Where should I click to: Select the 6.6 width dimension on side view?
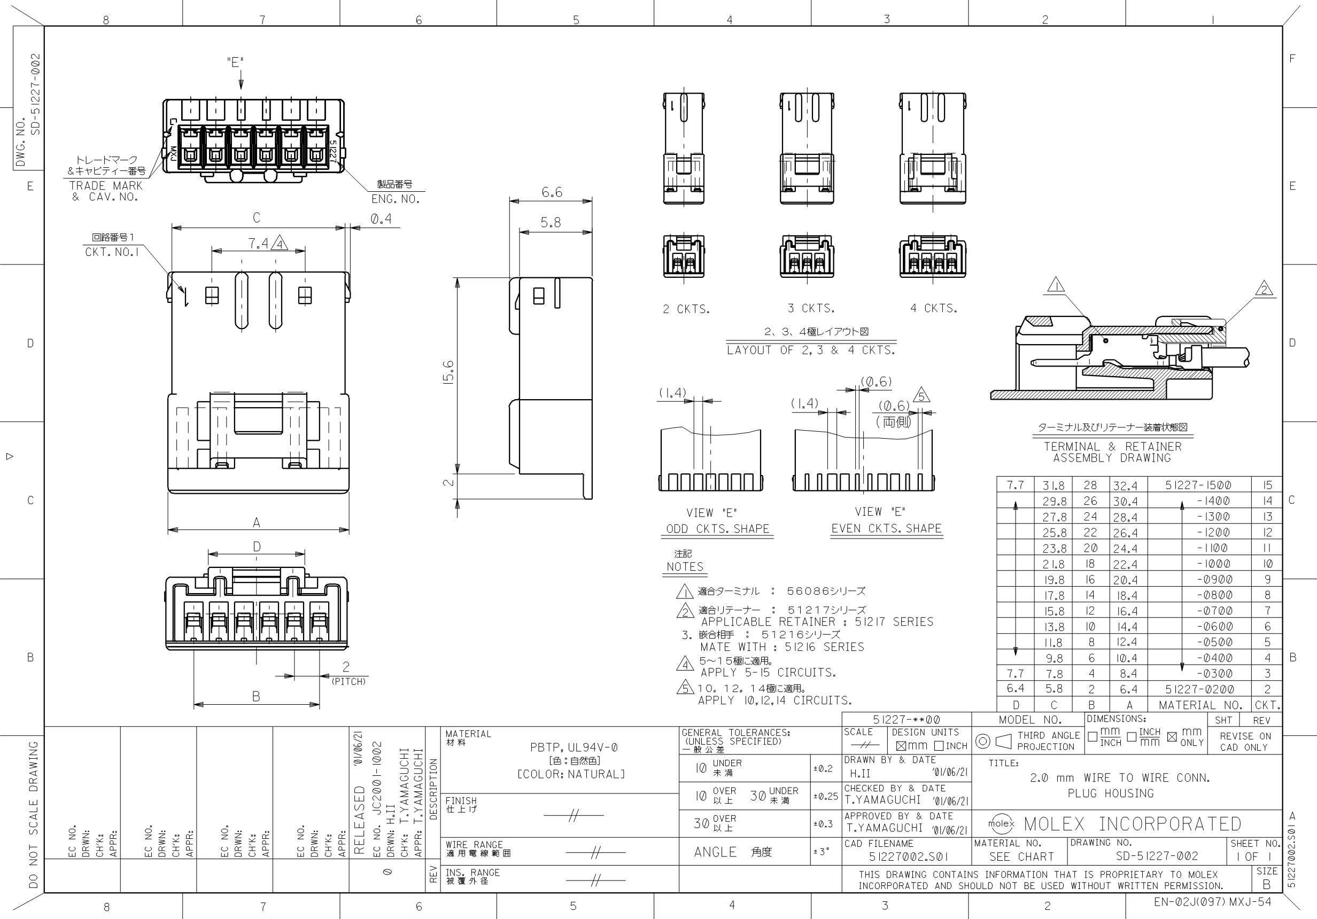click(552, 193)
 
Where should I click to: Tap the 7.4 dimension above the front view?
click(258, 244)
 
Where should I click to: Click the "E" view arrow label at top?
click(235, 63)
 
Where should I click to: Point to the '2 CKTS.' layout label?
click(686, 309)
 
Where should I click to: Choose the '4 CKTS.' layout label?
click(934, 308)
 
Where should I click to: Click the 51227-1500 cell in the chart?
click(1198, 485)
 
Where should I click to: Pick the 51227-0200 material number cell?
click(1198, 689)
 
